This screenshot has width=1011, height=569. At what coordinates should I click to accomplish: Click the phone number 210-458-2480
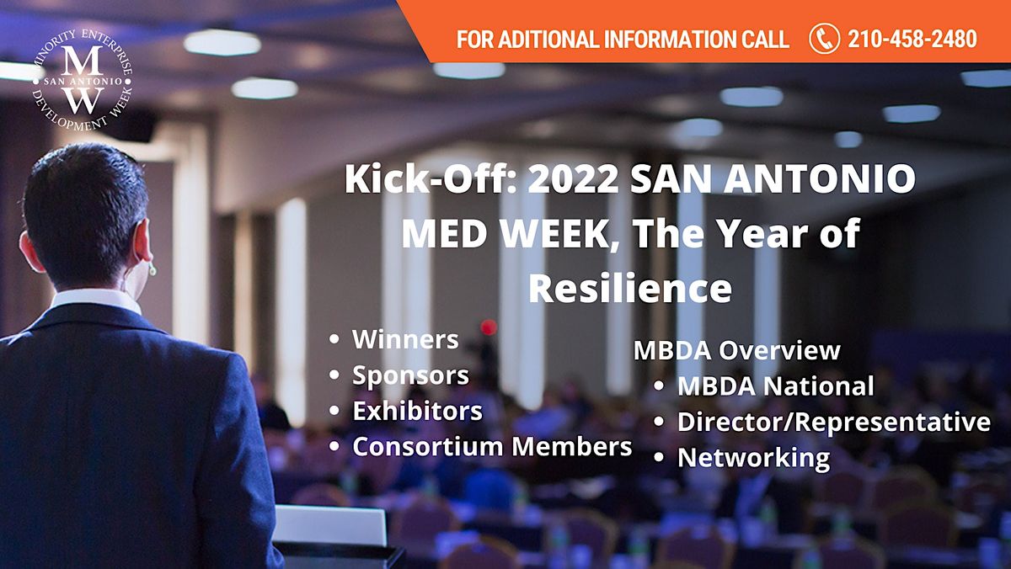pyautogui.click(x=912, y=39)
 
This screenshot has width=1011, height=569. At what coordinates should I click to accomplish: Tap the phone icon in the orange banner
pyautogui.click(x=823, y=39)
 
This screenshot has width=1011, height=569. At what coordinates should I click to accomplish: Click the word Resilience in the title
pyautogui.click(x=629, y=289)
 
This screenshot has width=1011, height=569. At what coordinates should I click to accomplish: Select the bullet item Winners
pyautogui.click(x=405, y=339)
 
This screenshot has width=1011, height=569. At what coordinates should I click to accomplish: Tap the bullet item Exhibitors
pyautogui.click(x=417, y=411)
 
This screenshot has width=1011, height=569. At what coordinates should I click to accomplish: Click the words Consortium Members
pyautogui.click(x=492, y=447)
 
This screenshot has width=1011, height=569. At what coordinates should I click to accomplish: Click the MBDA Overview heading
pyautogui.click(x=736, y=350)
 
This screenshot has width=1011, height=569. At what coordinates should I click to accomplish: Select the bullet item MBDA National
pyautogui.click(x=775, y=386)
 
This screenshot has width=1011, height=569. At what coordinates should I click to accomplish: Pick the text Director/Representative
pyautogui.click(x=833, y=422)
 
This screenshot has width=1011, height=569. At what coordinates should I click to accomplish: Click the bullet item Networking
pyautogui.click(x=753, y=458)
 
